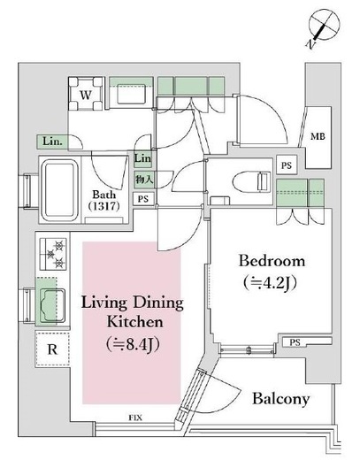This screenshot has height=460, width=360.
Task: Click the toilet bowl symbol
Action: tap(251, 181)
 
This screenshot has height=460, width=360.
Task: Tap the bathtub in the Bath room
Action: tap(59, 190)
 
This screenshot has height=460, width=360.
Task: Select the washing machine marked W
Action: tap(86, 94)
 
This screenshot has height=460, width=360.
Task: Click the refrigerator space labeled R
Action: tap(52, 349)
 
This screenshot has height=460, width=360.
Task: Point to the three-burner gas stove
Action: tap(53, 254)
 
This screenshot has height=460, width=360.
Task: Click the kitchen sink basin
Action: tap(52, 305)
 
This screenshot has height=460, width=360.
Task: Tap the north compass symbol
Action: tap(323, 27)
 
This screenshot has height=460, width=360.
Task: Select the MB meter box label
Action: tap(318, 136)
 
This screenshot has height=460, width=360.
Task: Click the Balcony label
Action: tap(281, 399)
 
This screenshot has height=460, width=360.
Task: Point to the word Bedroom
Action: tap(272, 261)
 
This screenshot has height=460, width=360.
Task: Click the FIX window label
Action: tap(135, 418)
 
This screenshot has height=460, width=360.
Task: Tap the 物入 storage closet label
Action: tap(144, 179)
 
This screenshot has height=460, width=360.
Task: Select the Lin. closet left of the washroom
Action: tap(52, 142)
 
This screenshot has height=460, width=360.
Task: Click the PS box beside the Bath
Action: tap(143, 199)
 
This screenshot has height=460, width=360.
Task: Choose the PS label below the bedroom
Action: tap(295, 342)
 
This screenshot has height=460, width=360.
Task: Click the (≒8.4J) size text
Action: tap(133, 343)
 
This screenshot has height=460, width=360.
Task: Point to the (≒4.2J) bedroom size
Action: tap(270, 283)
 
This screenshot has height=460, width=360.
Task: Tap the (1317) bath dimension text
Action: tap(104, 206)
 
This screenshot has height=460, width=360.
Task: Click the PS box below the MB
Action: tap(287, 165)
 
